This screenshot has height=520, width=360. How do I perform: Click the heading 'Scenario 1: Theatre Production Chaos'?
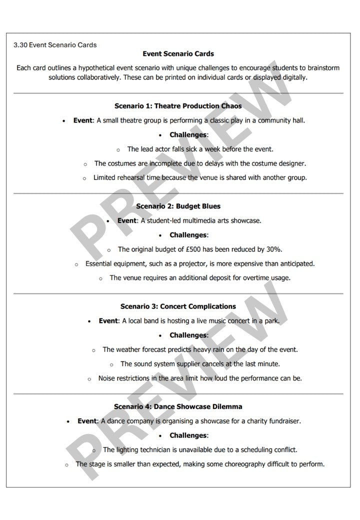178,106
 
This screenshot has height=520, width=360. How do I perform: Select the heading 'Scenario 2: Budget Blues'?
178,206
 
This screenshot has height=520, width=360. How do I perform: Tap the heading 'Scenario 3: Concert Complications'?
178,306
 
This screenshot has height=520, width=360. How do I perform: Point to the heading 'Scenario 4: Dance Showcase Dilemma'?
178,406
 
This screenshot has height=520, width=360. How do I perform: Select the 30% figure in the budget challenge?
273,249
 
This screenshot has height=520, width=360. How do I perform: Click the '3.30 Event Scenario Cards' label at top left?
55,45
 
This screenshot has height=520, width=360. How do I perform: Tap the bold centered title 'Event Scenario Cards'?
178,54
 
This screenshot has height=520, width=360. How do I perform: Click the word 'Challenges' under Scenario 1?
188,135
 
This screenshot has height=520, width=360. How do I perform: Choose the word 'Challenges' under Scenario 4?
188,435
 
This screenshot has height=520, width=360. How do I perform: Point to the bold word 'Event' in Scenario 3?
107,320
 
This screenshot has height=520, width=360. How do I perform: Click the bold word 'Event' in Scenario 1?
82,120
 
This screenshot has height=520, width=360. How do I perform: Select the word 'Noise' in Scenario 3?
107,378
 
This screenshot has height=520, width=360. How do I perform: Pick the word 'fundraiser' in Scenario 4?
284,421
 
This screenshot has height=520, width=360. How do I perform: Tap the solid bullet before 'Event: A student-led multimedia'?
108,220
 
